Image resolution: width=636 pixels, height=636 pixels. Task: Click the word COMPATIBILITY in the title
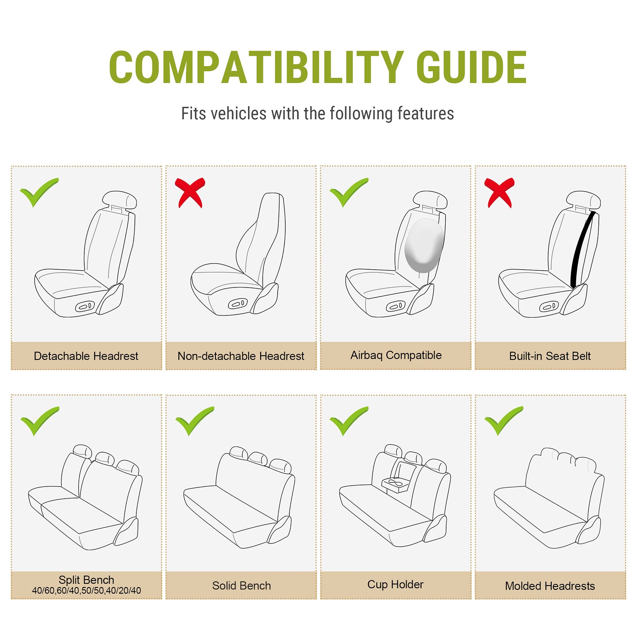[x=257, y=67]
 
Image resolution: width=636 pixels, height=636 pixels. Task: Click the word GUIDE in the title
[x=472, y=67]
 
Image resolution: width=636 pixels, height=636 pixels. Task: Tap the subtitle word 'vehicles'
[x=239, y=114]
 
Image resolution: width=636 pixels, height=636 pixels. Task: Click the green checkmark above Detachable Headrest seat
[x=39, y=192]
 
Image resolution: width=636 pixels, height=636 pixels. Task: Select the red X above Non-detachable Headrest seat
[x=190, y=192]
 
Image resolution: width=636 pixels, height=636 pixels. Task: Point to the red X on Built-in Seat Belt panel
[x=499, y=192]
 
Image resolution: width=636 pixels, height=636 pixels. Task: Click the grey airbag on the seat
[x=424, y=245]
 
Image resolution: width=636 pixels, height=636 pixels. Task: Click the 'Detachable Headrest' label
[x=86, y=356]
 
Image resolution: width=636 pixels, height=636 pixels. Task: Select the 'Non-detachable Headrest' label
[x=241, y=356]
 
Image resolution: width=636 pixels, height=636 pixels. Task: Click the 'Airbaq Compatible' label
[x=396, y=355]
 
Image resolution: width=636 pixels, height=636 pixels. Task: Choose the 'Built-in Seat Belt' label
[x=550, y=356]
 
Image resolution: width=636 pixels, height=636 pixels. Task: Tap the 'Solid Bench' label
[x=241, y=586]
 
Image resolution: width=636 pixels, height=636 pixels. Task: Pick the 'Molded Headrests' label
[x=550, y=586]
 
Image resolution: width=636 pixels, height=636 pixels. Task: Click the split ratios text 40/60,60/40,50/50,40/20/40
[x=86, y=591]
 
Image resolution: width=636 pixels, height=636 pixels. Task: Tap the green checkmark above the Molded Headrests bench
[x=504, y=421]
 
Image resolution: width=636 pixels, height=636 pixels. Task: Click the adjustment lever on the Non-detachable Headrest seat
[x=238, y=304]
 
